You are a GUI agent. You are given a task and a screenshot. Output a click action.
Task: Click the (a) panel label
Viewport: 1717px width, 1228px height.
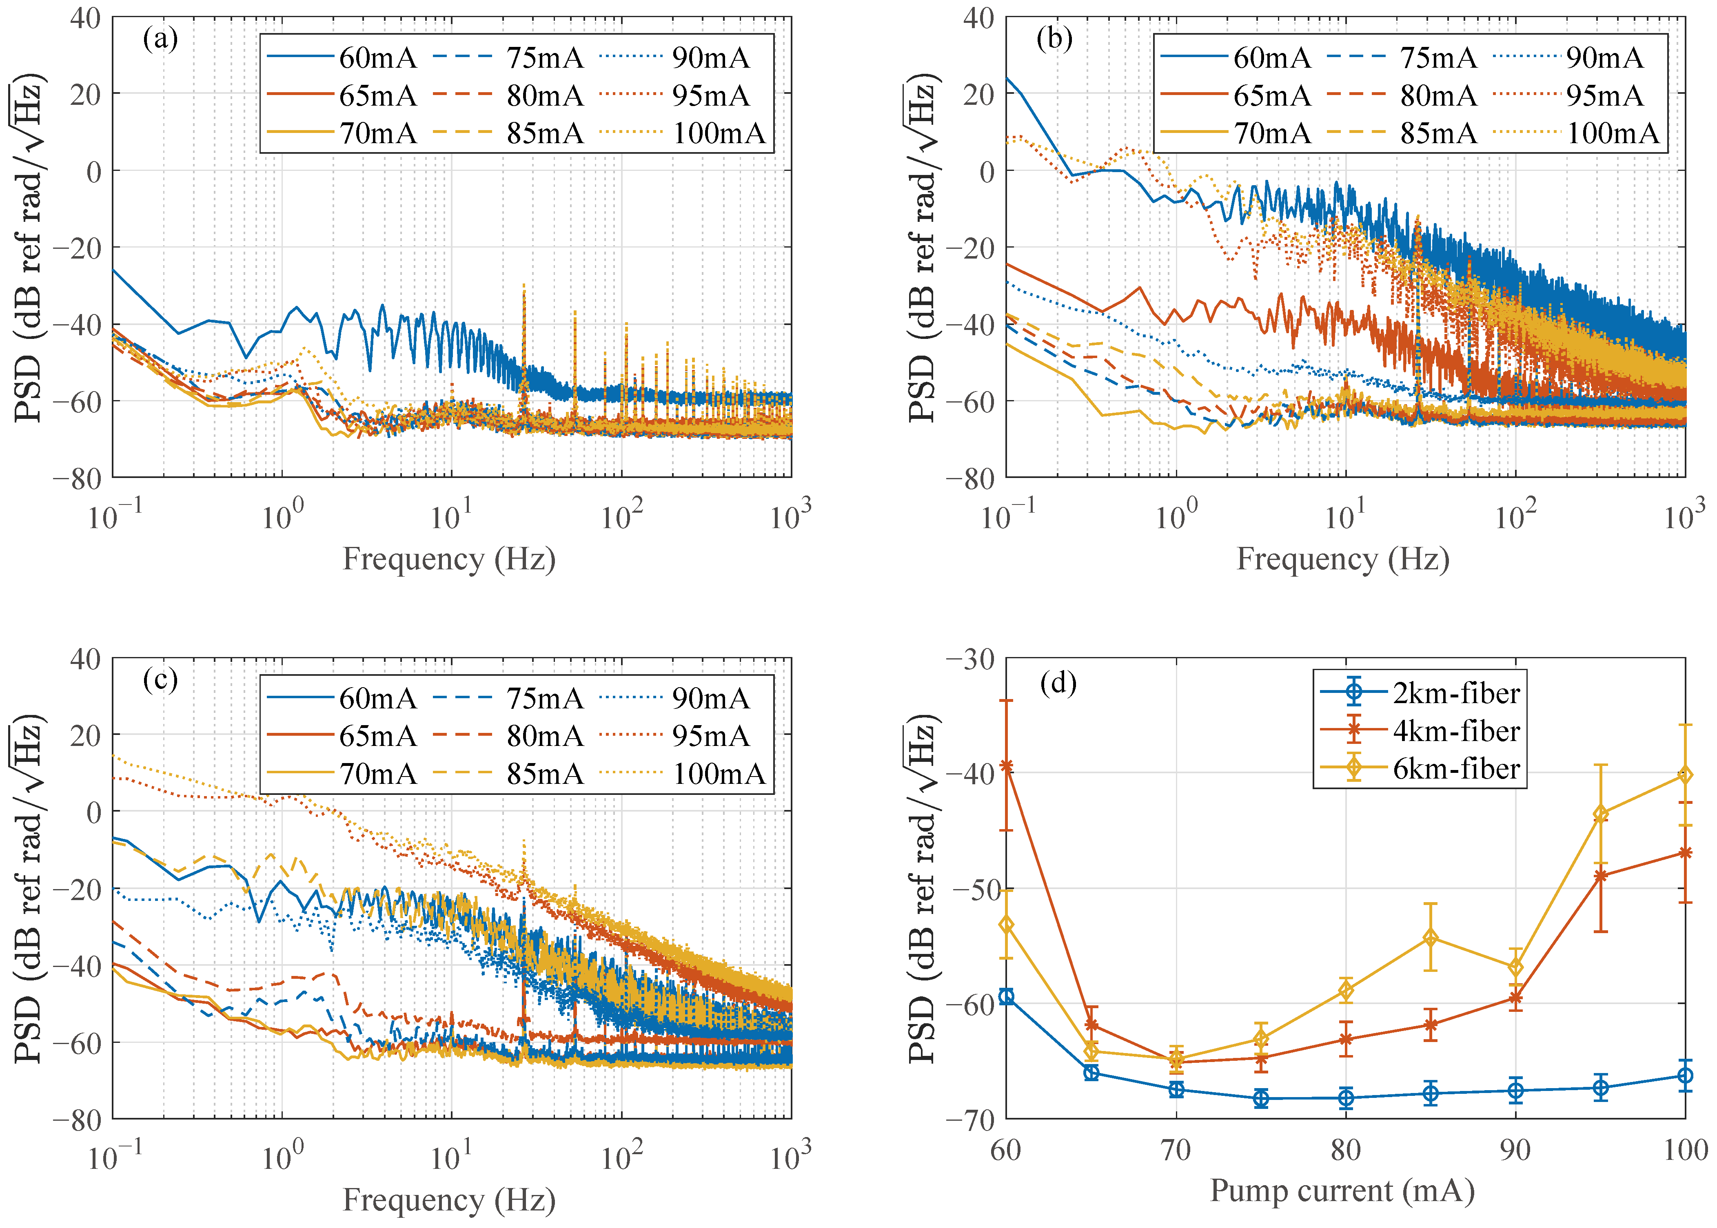(x=160, y=39)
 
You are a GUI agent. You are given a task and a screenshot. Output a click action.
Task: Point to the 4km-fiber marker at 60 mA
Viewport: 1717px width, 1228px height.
(x=1006, y=766)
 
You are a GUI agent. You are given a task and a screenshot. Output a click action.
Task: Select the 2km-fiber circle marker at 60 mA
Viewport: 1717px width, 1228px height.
(x=1006, y=997)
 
